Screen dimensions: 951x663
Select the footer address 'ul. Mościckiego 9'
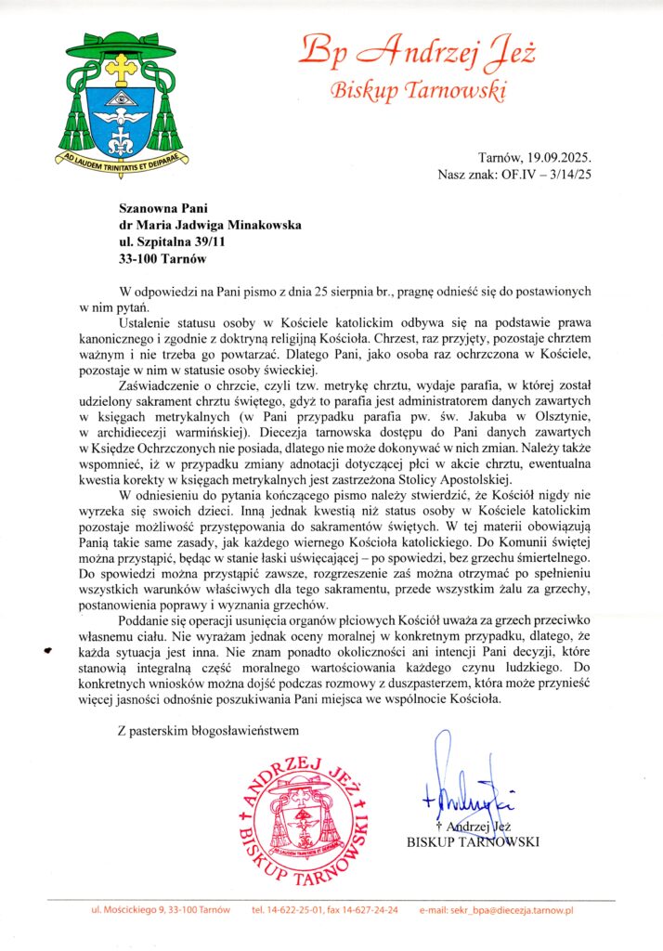tap(130, 910)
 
